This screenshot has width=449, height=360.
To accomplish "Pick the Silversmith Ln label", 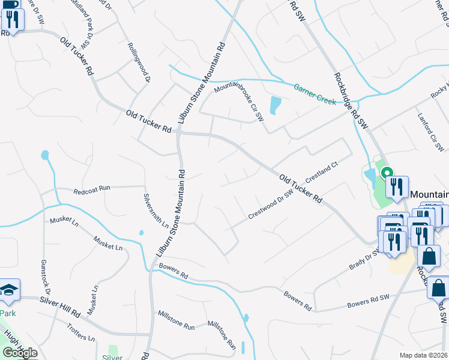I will tap(155, 211).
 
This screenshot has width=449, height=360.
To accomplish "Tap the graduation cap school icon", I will tap(8, 291).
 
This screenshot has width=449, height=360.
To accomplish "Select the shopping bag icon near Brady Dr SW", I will tap(429, 256).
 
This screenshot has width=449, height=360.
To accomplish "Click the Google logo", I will tap(20, 353).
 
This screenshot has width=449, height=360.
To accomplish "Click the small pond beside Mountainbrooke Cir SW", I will tap(275, 105).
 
